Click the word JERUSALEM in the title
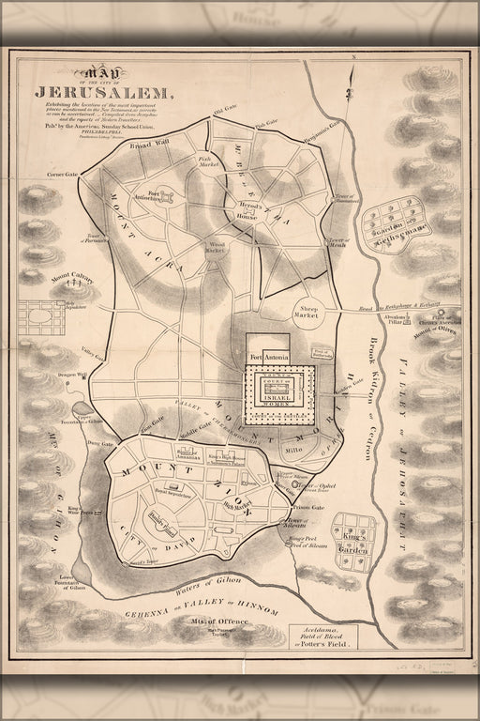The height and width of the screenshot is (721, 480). click(x=103, y=92)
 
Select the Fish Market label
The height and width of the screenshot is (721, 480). click(x=208, y=161)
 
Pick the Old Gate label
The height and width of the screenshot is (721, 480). click(x=226, y=113)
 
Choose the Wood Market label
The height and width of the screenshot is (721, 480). click(x=217, y=249)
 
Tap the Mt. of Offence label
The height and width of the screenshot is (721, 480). click(x=213, y=622)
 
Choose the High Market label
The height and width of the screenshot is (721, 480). click(x=238, y=506)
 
